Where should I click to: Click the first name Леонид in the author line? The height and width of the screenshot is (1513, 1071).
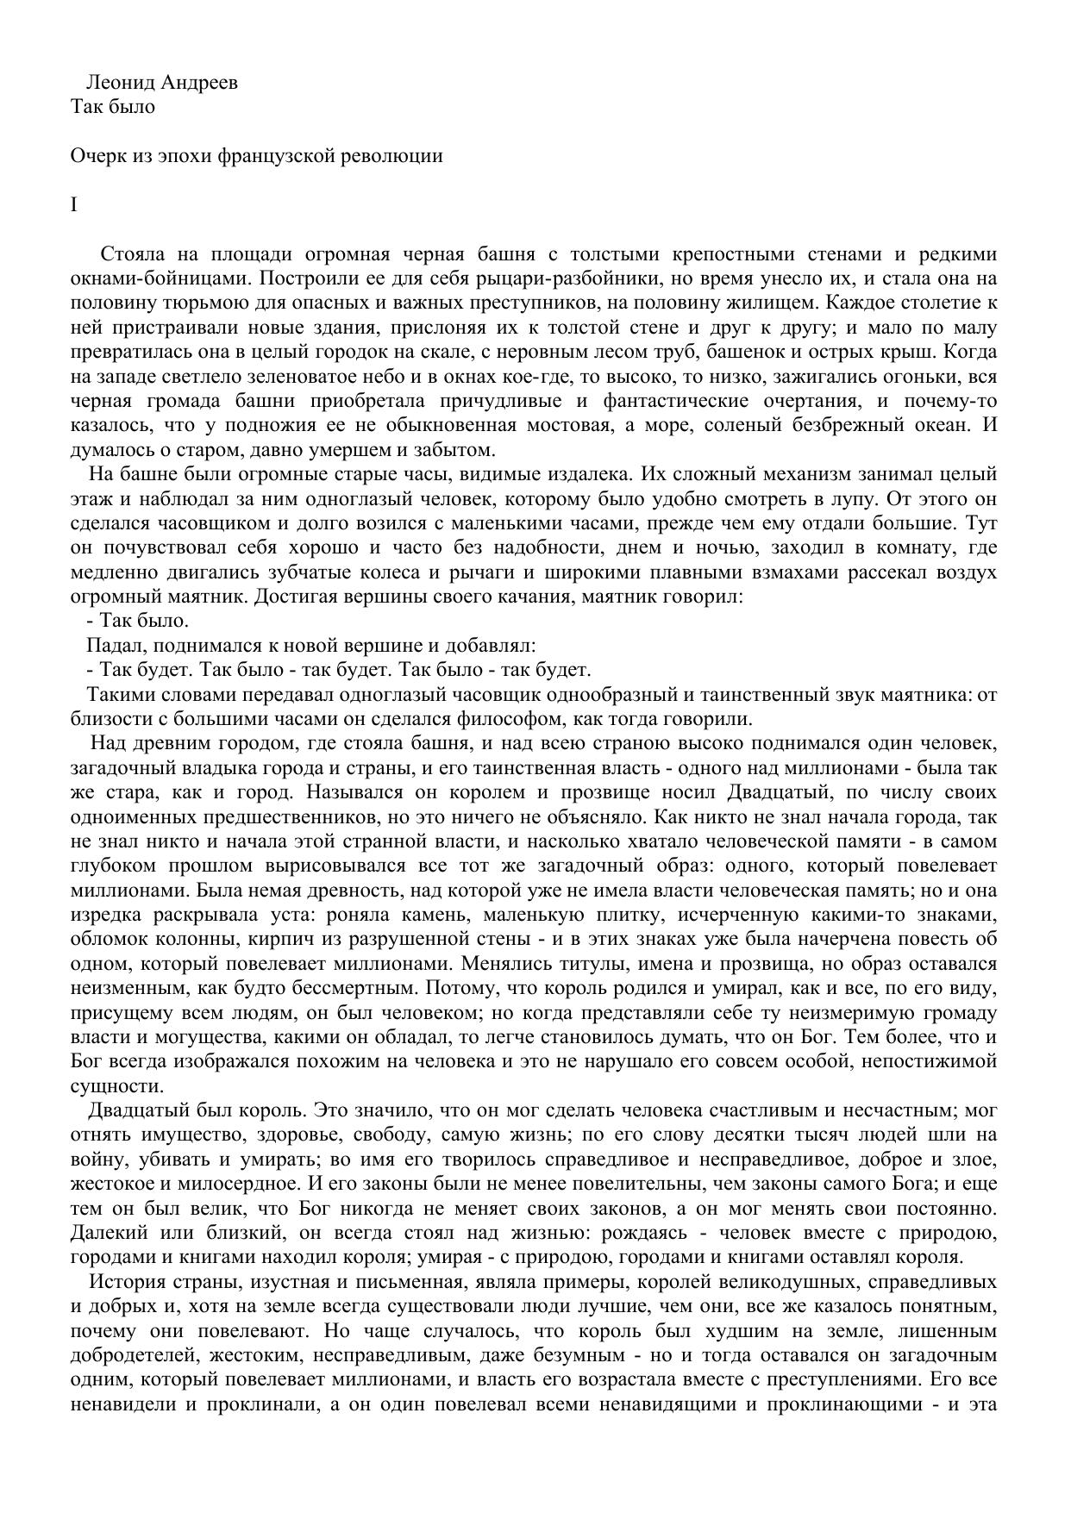pyautogui.click(x=116, y=83)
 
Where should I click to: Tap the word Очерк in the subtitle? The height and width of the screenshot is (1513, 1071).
pyautogui.click(x=94, y=156)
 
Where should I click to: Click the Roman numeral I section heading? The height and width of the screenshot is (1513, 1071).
pyautogui.click(x=73, y=205)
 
